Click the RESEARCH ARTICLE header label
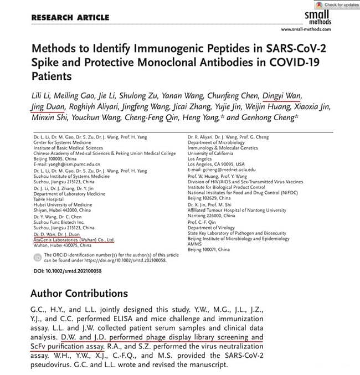[70, 17]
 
